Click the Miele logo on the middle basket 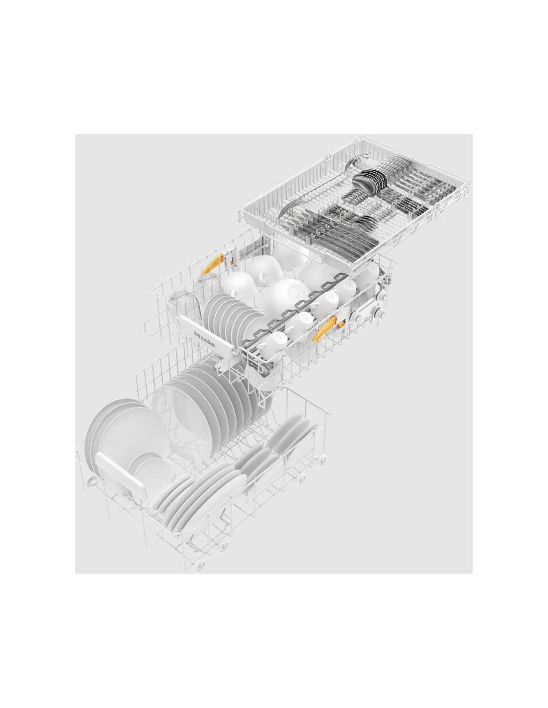204,339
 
